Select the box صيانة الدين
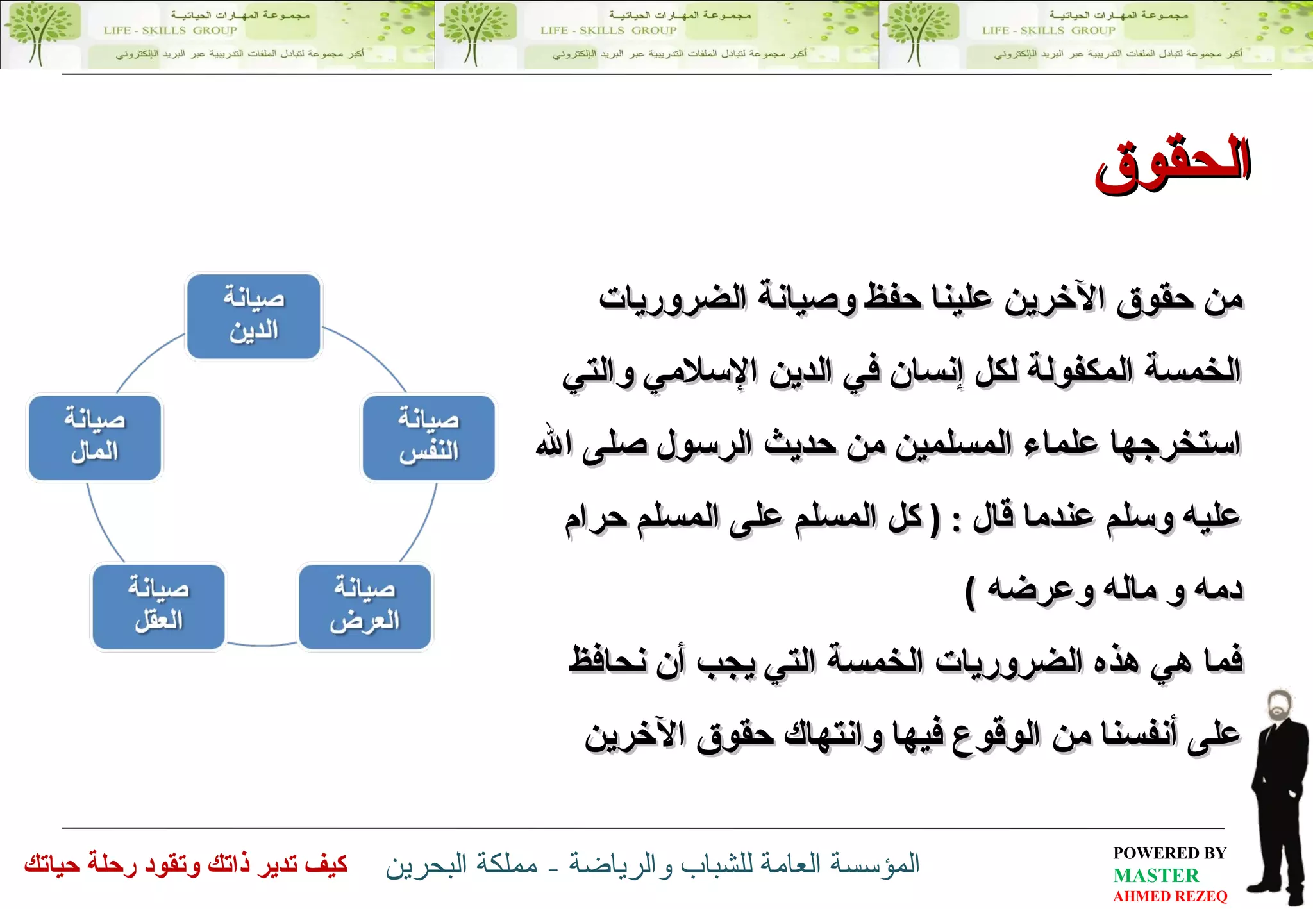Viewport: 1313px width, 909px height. coord(254,316)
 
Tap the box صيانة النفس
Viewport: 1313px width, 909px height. coord(429,438)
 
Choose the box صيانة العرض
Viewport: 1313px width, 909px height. coord(365,606)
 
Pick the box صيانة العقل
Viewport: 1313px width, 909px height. coord(159,606)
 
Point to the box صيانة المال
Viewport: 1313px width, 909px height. coord(95,438)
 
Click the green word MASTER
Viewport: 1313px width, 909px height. coord(1155,875)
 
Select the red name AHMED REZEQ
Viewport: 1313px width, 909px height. coord(1170,896)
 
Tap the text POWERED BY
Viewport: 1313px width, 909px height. coord(1169,853)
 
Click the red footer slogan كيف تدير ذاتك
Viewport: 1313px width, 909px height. coord(186,865)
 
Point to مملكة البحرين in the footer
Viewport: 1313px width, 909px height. coord(462,865)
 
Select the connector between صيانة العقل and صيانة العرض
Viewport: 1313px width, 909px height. coord(262,644)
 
